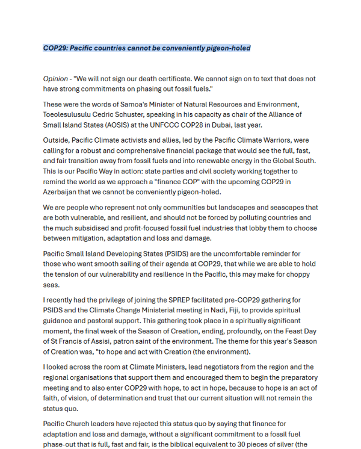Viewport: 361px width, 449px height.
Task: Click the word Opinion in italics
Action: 55,79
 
